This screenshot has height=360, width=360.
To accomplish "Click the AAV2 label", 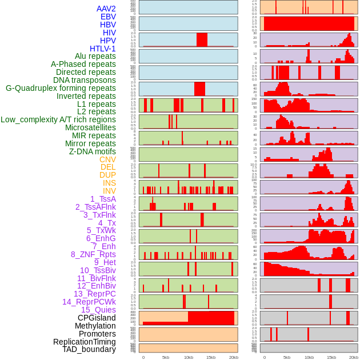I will [x=106, y=9].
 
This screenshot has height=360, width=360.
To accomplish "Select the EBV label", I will [x=107, y=17].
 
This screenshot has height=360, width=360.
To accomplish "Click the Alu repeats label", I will [x=95, y=57].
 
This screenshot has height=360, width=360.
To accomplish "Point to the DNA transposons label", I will [x=85, y=80].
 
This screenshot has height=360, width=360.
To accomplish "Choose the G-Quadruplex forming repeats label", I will [x=61, y=88].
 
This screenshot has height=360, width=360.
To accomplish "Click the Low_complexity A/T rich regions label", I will [x=58, y=119].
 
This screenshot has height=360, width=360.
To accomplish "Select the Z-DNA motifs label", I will [x=93, y=151].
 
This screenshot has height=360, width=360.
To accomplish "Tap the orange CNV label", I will [x=107, y=159].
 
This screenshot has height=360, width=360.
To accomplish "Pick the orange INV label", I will [x=109, y=191].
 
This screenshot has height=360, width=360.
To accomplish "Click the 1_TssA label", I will [x=103, y=199].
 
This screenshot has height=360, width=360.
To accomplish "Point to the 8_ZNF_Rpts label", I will [x=93, y=254].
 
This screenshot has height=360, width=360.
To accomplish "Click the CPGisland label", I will [x=97, y=318].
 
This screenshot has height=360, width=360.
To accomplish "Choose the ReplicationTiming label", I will [x=84, y=342].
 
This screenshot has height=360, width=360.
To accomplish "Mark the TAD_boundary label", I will [x=89, y=349].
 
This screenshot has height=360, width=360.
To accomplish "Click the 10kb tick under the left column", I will [x=188, y=357].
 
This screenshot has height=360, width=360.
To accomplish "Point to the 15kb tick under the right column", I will [x=331, y=357].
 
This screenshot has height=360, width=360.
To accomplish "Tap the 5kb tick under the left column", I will [x=166, y=357].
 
